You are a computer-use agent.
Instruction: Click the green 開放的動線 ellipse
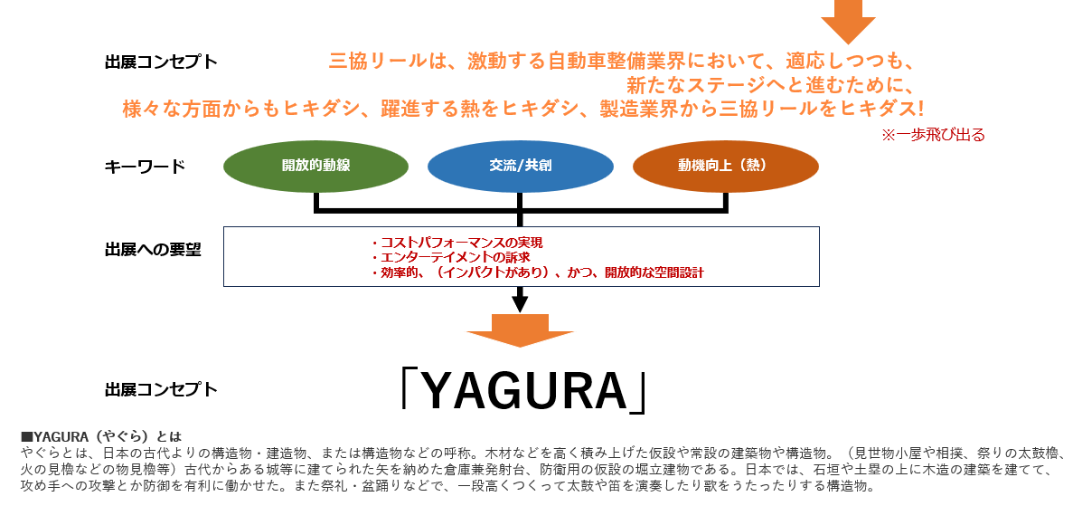point(315,167)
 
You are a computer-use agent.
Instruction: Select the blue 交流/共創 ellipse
point(520,167)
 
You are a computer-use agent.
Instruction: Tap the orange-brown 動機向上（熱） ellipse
point(726,167)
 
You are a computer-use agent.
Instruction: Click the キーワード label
point(145,167)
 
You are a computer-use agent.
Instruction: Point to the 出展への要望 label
point(153,250)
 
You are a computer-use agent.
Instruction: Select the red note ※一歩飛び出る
point(933,135)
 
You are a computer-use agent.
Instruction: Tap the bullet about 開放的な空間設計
point(537,272)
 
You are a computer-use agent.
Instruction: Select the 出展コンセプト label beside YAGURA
point(161,389)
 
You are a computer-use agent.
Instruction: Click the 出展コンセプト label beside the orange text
point(161,62)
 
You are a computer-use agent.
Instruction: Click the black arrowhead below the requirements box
point(520,302)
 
